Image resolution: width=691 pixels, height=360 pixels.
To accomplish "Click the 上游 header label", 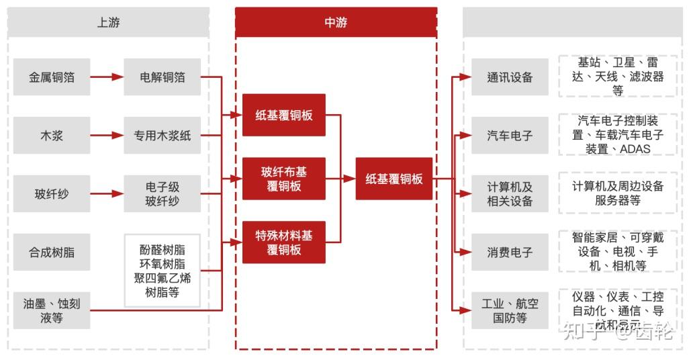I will (x=108, y=23).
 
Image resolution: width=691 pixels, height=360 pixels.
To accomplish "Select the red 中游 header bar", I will (x=336, y=23).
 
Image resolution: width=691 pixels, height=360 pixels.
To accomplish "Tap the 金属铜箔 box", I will (x=52, y=77).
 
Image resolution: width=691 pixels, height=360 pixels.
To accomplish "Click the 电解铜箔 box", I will (x=162, y=77).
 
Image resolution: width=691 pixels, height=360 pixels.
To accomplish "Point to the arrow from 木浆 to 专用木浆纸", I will (x=107, y=136).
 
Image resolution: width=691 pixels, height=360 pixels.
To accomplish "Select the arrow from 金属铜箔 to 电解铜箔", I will (x=107, y=77).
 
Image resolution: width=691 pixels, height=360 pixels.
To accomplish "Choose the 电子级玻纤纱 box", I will (x=162, y=193).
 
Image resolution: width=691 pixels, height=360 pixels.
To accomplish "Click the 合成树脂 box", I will (x=52, y=253).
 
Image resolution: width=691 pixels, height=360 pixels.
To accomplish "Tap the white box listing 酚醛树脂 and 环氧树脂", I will (x=162, y=271).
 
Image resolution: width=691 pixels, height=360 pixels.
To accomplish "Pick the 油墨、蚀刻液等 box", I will (x=52, y=310).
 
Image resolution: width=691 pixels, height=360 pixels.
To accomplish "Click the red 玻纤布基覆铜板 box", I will (x=283, y=179).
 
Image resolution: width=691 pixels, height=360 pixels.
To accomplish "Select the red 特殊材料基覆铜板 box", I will (x=283, y=242).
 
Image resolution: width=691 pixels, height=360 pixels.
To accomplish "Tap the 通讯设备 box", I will (x=510, y=77).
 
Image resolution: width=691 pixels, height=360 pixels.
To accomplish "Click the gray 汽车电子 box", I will (x=510, y=136).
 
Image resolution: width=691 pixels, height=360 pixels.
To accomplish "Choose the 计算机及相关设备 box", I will (x=510, y=193).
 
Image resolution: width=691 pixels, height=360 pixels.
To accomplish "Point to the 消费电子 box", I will (x=510, y=253).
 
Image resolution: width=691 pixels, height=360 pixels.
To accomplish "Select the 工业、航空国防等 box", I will (x=510, y=310).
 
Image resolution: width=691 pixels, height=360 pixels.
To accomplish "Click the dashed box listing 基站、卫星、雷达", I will (x=617, y=77).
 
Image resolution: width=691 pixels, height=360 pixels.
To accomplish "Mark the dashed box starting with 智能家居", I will (x=617, y=251).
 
